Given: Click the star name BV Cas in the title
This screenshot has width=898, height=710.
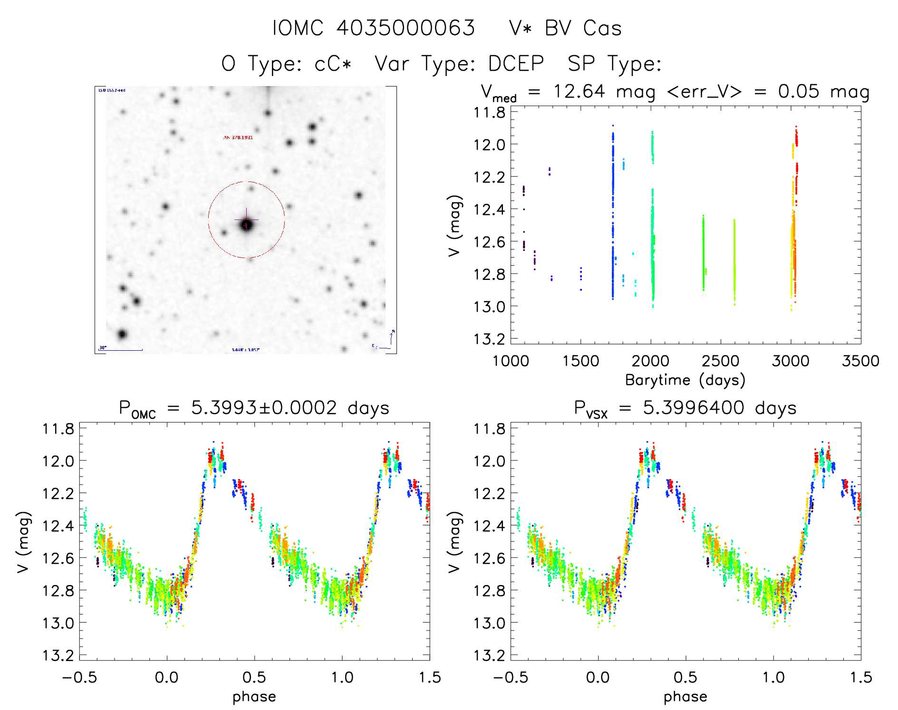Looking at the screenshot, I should point(583,29).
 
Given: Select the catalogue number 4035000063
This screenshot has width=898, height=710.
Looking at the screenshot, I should point(406,29).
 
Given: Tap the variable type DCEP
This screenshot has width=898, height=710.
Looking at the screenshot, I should point(516,64).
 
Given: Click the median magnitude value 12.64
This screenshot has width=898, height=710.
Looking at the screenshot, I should point(579,91).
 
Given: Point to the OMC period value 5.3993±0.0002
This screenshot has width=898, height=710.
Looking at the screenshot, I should point(264,408).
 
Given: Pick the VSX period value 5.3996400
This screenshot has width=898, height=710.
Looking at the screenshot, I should point(696,408).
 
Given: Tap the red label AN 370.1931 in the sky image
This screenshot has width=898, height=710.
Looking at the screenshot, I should point(238,138).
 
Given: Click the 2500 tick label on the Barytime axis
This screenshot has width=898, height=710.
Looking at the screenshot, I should point(720,361).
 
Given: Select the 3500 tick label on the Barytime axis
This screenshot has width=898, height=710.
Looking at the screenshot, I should point(860,361).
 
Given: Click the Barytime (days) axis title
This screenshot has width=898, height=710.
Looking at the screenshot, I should point(685,380).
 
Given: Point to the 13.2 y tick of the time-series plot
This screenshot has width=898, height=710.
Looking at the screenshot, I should point(490,339).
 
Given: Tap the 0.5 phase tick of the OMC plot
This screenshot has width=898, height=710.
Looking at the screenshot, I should point(254,678).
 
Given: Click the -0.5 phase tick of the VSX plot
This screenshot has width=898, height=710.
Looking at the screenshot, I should point(511,678).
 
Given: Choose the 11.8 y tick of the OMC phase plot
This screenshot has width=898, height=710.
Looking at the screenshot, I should point(58,429).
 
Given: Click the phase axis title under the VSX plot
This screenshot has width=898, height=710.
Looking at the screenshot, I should point(685,697).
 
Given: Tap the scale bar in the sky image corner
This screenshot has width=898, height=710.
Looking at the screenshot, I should point(121,350).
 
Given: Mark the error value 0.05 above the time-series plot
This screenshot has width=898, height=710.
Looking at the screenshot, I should point(799,91).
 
